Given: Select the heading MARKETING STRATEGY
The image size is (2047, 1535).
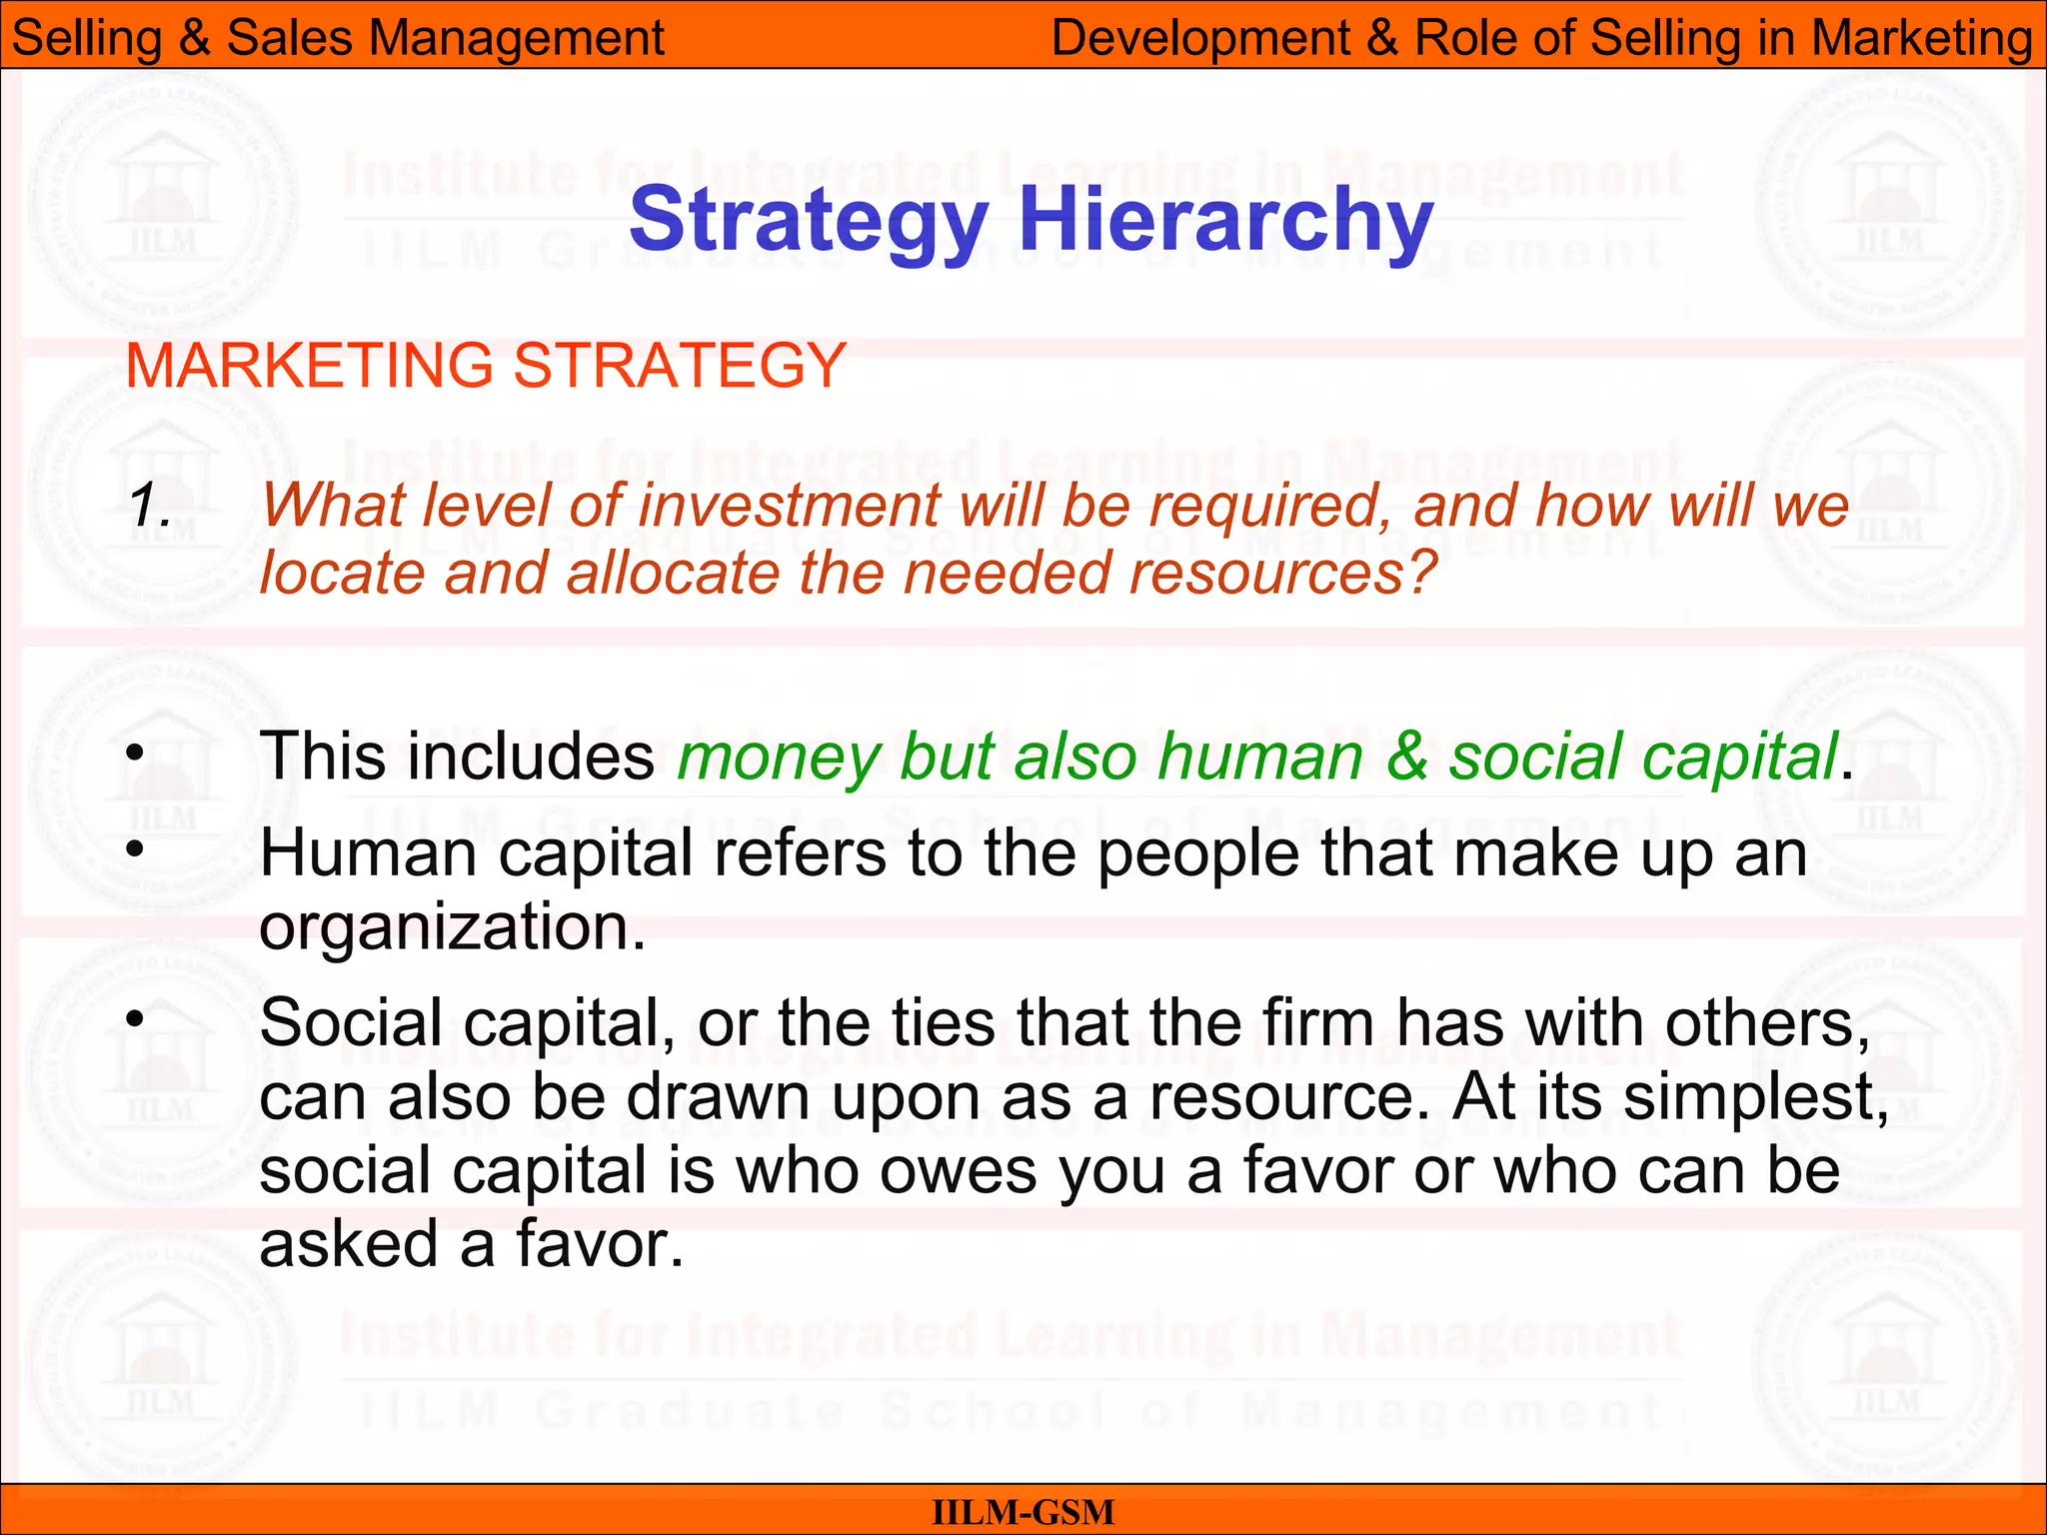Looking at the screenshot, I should point(486,365).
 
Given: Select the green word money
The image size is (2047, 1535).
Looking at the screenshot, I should point(778,758).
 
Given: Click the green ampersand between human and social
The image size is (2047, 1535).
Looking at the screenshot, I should point(1406,756).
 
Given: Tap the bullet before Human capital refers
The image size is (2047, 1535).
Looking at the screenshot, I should point(136,850).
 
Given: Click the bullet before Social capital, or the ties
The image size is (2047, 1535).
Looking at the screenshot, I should point(136,1020).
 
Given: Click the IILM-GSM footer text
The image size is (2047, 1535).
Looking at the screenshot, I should point(1023,1512).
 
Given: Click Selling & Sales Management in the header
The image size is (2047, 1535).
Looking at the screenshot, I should point(338,38).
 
